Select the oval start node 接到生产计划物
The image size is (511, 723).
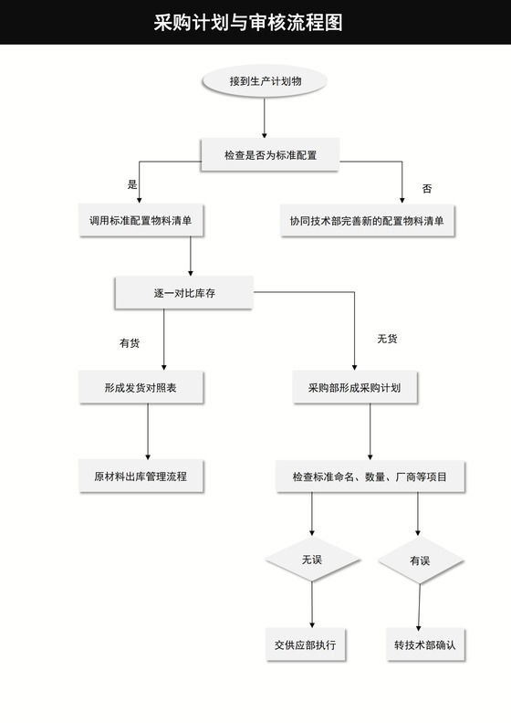265,81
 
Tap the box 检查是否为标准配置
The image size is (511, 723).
270,156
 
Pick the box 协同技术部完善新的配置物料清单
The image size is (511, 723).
367,221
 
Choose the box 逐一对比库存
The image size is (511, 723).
183,293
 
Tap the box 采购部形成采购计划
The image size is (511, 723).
355,388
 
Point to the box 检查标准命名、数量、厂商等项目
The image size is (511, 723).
370,476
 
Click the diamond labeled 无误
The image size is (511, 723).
312,560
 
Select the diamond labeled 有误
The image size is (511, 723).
420,561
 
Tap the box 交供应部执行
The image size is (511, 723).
305,645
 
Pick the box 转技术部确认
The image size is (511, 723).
424,645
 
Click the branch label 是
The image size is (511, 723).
132,184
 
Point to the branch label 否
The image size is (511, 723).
426,188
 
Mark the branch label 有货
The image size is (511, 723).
130,343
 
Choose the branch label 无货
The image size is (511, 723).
387,339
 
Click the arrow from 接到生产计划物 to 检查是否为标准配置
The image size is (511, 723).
265,118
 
